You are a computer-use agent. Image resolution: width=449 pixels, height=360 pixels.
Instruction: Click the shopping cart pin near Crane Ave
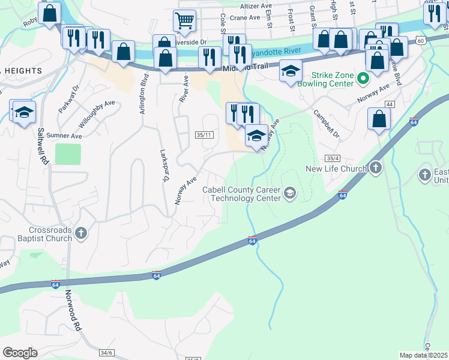point(184,20)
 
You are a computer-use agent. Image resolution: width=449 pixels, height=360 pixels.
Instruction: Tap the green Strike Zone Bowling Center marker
point(362,79)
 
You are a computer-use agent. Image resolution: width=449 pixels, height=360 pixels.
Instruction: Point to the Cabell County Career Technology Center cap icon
point(289,193)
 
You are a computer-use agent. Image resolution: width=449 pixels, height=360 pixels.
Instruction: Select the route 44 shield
point(390,104)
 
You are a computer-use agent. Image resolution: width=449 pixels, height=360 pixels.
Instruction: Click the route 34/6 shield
point(107,353)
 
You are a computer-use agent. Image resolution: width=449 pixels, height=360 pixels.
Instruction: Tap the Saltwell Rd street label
point(42,146)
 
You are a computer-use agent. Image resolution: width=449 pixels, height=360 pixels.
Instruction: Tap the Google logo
point(20,353)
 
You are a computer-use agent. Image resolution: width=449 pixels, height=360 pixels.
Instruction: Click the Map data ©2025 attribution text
point(423,355)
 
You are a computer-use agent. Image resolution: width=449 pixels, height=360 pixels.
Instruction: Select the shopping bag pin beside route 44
point(379,119)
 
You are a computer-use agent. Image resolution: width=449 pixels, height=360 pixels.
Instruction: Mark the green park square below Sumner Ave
point(68,154)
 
